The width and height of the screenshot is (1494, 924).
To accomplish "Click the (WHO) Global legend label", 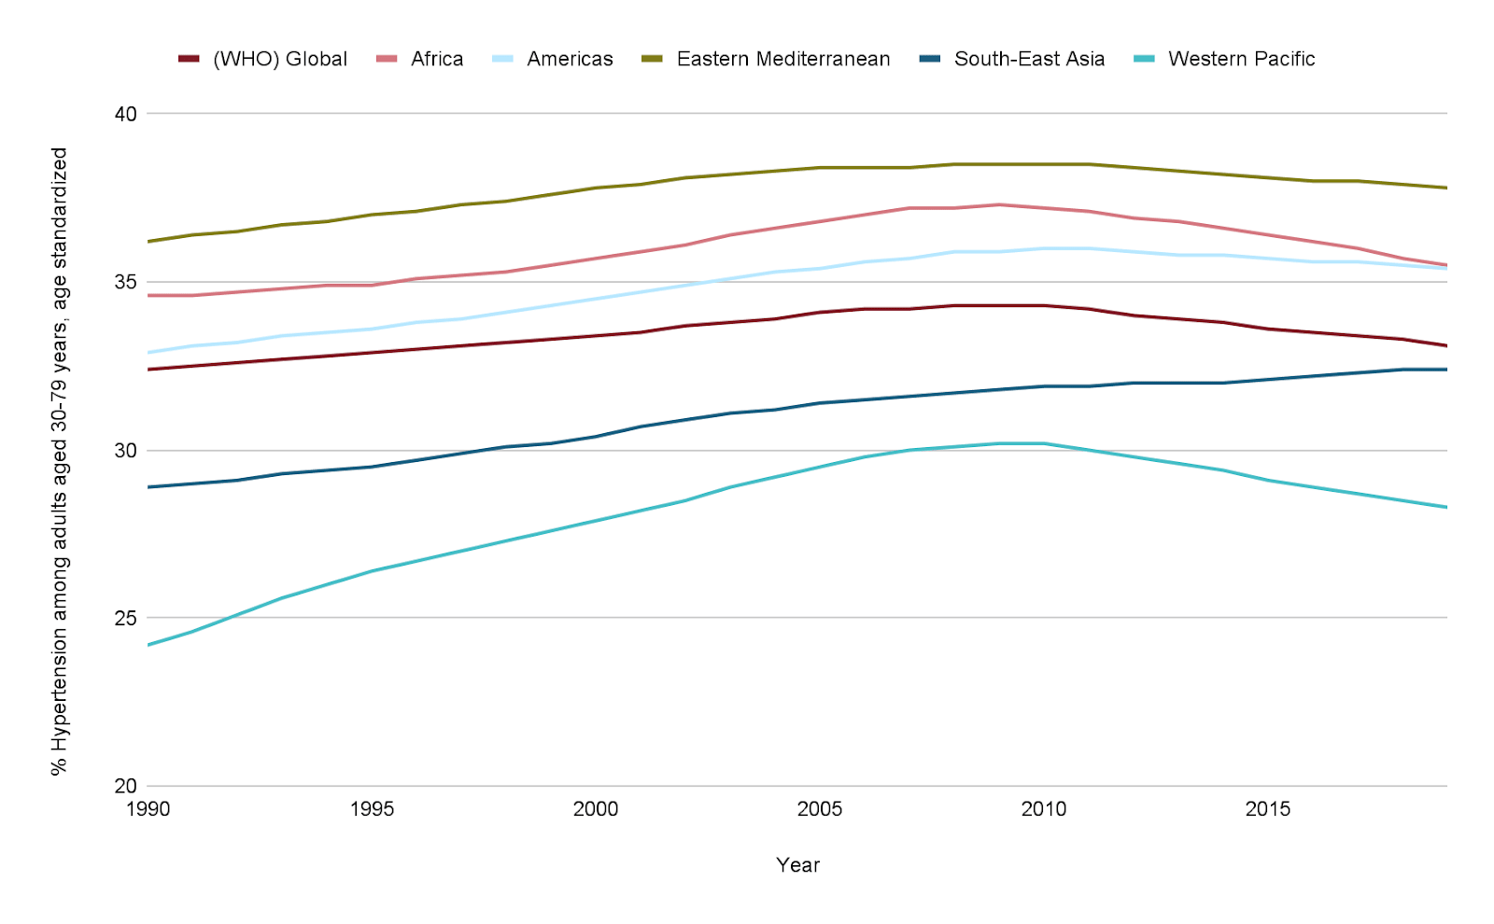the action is click(x=280, y=60).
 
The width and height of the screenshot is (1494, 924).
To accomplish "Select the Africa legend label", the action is click(x=437, y=60).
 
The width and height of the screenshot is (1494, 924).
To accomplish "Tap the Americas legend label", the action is click(x=570, y=60).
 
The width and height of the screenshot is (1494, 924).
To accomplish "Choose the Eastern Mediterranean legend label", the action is click(x=783, y=60).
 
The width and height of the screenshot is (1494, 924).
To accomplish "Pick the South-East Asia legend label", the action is click(x=1029, y=60).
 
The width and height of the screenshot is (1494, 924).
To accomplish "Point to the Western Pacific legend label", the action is click(x=1241, y=60).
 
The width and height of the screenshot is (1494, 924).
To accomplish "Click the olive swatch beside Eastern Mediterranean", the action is click(x=653, y=60).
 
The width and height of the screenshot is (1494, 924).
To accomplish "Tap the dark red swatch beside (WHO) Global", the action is click(x=189, y=60).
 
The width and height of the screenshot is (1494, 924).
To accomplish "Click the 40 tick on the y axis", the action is click(x=125, y=114).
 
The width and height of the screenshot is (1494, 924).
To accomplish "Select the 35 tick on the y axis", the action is click(x=125, y=282).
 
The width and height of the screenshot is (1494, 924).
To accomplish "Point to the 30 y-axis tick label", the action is click(x=125, y=451).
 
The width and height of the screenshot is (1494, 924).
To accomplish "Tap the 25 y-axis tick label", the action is click(x=125, y=618).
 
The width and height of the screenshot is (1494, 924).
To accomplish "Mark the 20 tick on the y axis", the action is click(x=125, y=786).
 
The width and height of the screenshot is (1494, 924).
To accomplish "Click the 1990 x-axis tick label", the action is click(x=148, y=809).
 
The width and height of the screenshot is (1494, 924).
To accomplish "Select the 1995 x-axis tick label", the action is click(x=373, y=809).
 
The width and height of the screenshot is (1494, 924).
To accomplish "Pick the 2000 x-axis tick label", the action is click(x=596, y=809).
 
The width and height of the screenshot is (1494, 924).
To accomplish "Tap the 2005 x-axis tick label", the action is click(x=820, y=809).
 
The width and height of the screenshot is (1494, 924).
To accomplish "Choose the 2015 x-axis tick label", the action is click(x=1268, y=809).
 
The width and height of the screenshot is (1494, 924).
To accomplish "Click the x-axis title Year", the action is click(x=797, y=865).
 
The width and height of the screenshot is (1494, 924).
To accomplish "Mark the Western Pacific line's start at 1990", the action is click(x=148, y=645).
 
